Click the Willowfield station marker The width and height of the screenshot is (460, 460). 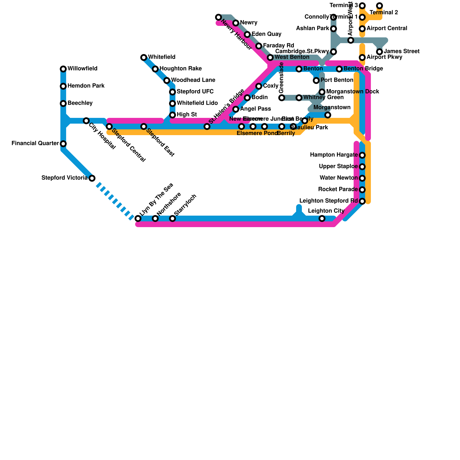(63, 69)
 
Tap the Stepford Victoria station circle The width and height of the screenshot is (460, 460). (92, 178)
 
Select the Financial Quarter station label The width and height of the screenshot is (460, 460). (35, 143)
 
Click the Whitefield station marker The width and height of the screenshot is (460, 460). (144, 57)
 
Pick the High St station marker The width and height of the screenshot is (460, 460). (172, 115)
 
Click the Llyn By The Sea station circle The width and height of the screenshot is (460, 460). (138, 218)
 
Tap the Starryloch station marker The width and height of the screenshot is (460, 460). (172, 218)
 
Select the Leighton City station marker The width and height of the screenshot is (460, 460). (322, 218)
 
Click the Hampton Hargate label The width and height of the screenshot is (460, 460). (333, 155)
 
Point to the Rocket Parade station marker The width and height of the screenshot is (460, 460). (362, 190)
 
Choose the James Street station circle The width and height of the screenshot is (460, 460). (379, 52)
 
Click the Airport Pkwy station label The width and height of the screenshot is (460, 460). (384, 57)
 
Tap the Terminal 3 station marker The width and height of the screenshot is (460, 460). (362, 6)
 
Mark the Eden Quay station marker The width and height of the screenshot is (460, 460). (247, 34)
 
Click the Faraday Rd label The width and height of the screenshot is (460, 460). (278, 46)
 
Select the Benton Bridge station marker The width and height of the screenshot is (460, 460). (339, 69)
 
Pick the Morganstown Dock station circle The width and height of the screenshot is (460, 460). (322, 92)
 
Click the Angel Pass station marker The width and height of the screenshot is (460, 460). (236, 109)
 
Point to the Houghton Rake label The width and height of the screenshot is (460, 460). (181, 69)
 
